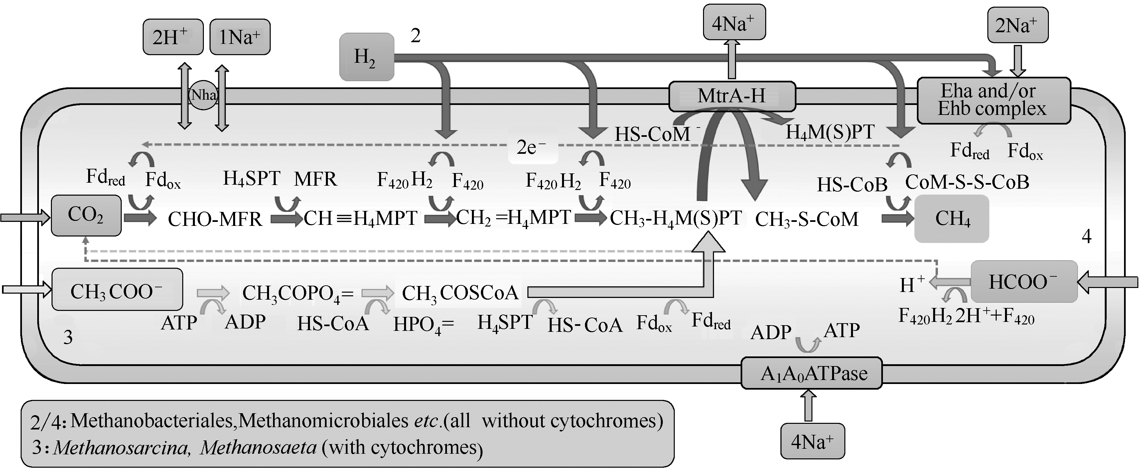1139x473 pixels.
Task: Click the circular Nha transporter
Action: click(x=204, y=95)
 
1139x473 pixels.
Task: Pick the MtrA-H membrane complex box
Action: click(x=732, y=96)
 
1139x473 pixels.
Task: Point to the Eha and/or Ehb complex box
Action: click(x=993, y=100)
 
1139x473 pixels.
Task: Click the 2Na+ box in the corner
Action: click(x=1017, y=25)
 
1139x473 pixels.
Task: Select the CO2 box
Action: click(x=86, y=216)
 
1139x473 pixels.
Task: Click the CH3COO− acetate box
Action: click(x=117, y=290)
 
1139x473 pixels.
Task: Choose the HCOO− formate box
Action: click(x=1024, y=282)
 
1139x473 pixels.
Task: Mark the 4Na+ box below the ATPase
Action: click(x=812, y=441)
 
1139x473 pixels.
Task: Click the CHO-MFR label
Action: click(x=215, y=219)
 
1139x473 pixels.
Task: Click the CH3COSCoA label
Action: click(x=460, y=292)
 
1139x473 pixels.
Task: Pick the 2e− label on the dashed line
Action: click(x=531, y=147)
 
